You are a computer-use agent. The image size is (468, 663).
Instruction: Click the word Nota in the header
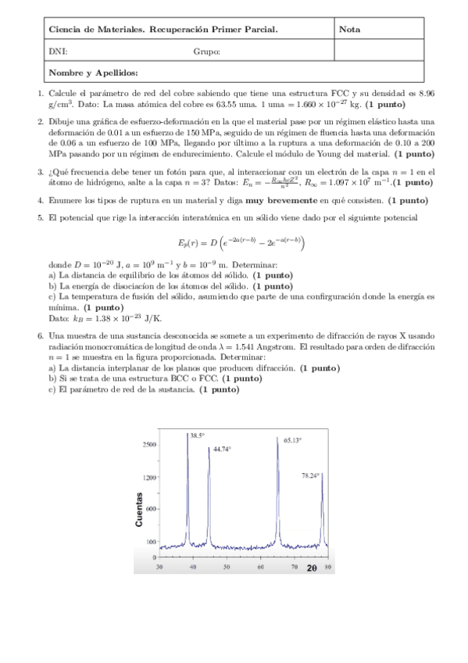click(350, 30)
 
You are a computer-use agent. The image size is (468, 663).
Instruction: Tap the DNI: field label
click(57, 52)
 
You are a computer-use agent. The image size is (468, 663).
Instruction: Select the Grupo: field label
click(206, 52)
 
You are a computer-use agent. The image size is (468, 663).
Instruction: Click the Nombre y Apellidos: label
click(93, 73)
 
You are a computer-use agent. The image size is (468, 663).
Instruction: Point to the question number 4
click(41, 200)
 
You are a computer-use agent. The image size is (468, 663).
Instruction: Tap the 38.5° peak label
click(197, 435)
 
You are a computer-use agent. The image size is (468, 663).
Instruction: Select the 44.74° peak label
click(223, 450)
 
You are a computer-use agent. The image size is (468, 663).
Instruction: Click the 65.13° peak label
click(292, 440)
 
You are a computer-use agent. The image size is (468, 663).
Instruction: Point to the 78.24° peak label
click(312, 475)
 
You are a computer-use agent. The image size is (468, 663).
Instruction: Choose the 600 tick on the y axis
click(151, 509)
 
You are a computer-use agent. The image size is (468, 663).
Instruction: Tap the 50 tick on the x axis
click(227, 566)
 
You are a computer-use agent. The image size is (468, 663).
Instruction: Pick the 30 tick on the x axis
click(159, 566)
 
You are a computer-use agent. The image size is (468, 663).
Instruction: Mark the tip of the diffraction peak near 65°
click(278, 438)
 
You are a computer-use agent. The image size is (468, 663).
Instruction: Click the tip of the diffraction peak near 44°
click(209, 448)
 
